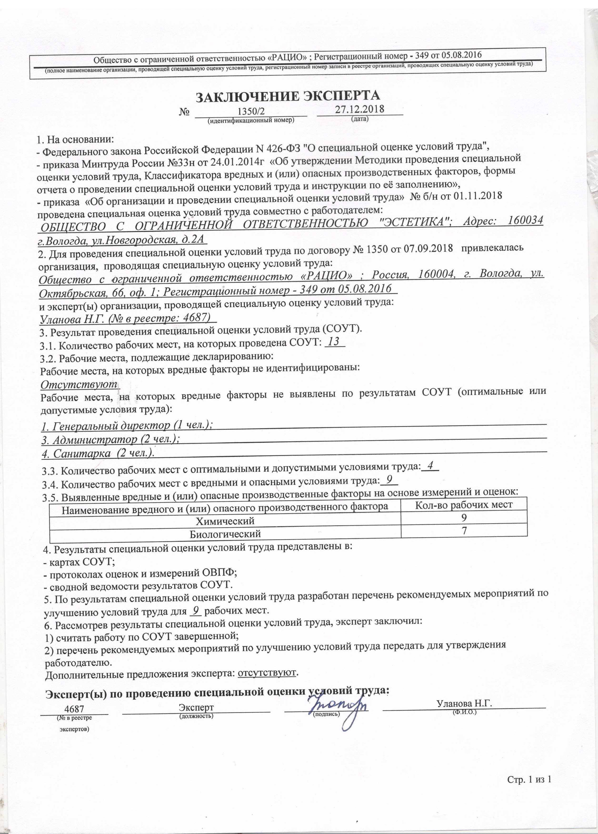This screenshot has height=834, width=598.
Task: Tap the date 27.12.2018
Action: (x=359, y=109)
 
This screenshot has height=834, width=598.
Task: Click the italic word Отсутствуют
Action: (x=79, y=385)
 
